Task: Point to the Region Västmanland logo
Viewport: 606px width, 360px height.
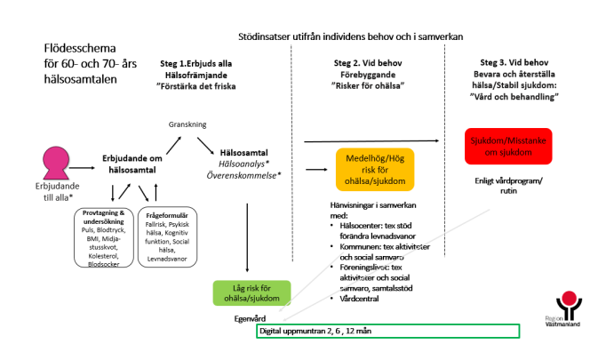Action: tap(565, 307)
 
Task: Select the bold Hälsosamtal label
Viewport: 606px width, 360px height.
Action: tap(243, 152)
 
